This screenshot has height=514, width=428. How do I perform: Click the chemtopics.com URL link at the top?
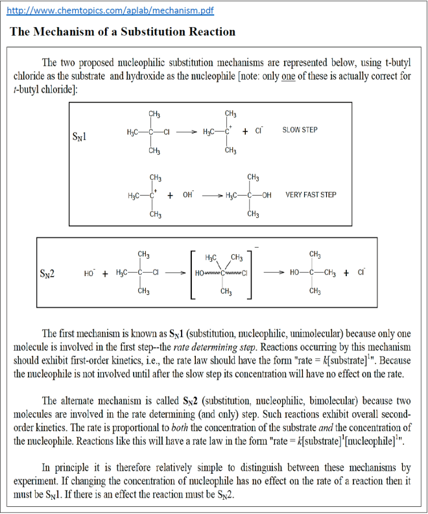coord(110,11)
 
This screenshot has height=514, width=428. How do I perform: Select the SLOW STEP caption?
coord(300,130)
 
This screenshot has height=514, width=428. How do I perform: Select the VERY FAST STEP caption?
coord(311,194)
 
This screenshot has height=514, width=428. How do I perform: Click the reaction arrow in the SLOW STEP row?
coord(185,132)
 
